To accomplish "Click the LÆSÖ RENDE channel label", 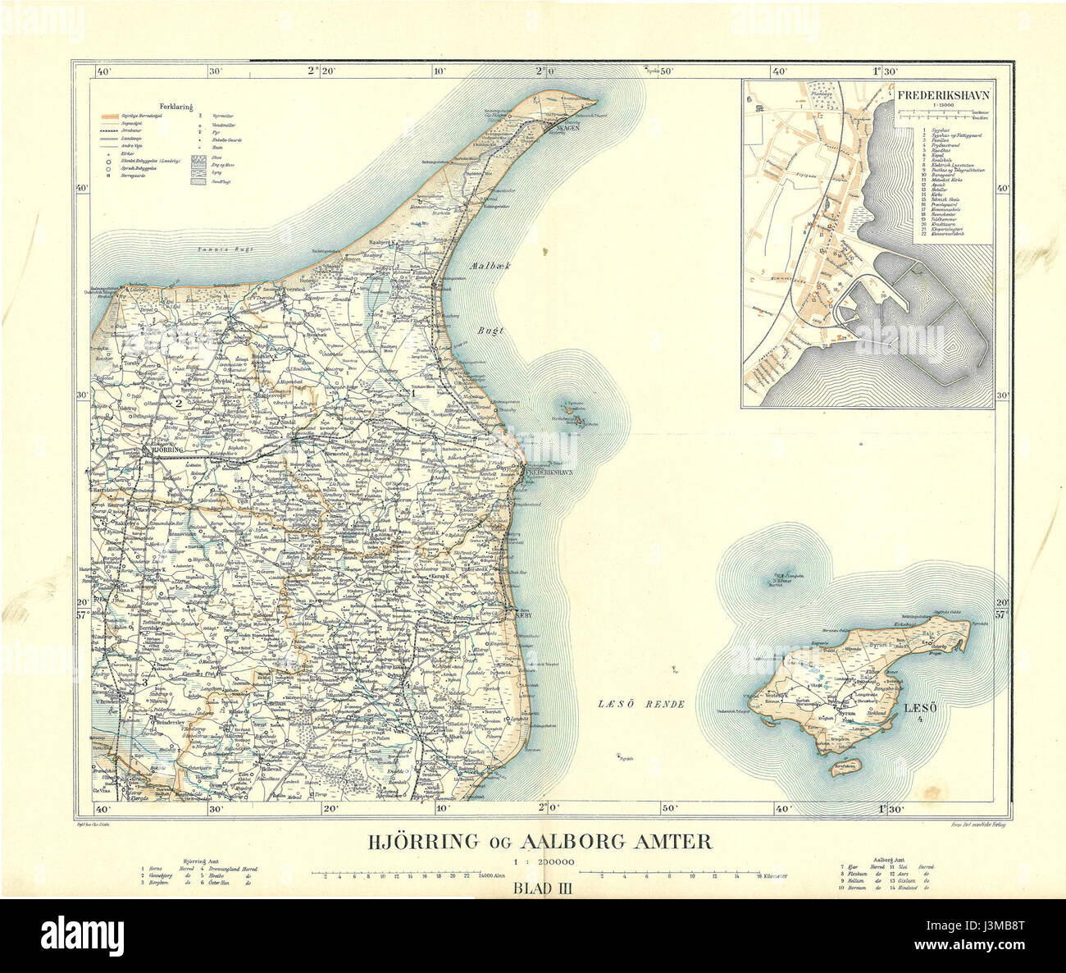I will (x=640, y=704).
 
